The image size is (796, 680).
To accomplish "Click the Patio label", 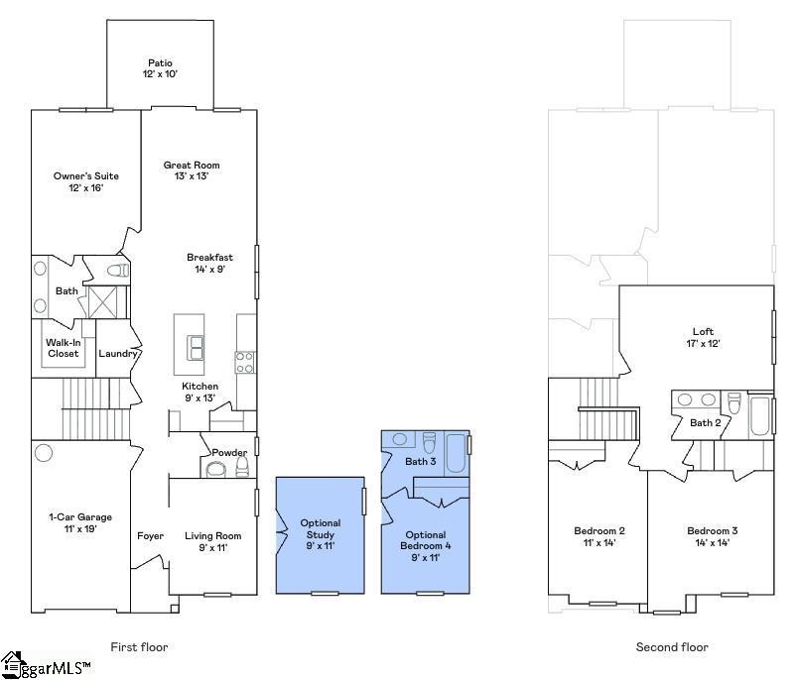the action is (160, 62).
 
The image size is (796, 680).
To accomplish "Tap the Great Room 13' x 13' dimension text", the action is (192, 176).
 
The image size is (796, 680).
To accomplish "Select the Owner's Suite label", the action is (85, 176).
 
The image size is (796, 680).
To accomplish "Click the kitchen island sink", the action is (195, 347).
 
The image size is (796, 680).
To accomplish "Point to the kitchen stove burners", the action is (244, 362).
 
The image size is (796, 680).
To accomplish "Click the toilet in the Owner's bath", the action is (118, 271).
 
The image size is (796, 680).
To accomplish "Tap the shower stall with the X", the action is (103, 302).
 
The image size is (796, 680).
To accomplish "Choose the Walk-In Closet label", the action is (63, 348).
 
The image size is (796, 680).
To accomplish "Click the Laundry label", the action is (118, 354).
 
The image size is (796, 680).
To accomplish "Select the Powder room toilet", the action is (242, 467).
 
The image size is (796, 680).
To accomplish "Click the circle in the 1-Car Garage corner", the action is (43, 452).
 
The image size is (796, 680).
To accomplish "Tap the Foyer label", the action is (150, 536).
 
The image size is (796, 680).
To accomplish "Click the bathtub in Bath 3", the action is (456, 453).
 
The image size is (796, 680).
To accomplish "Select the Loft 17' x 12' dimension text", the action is (703, 343).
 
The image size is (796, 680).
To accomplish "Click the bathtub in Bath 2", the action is (760, 415).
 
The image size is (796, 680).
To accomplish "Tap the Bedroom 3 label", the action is (713, 531).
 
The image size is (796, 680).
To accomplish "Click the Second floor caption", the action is (672, 647).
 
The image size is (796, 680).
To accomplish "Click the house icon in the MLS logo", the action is (11, 664).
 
